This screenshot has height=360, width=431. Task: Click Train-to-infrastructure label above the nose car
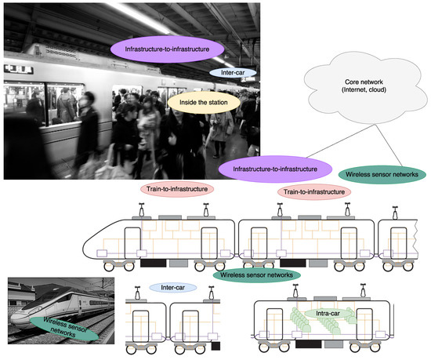[176, 190]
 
